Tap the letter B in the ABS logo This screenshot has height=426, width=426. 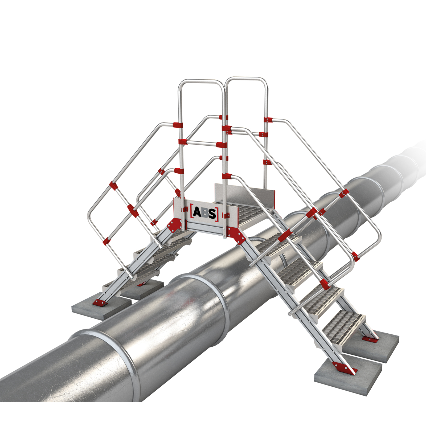[x=205, y=212]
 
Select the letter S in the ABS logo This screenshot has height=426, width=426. [x=212, y=213]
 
